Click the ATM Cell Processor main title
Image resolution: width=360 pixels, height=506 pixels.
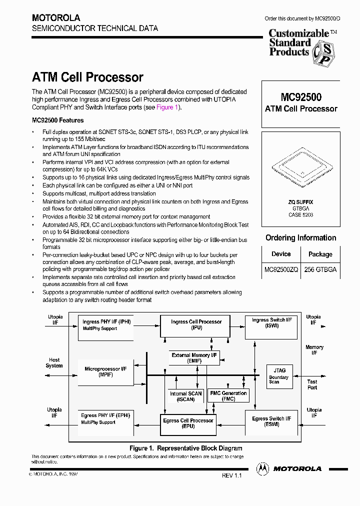pos(87,77)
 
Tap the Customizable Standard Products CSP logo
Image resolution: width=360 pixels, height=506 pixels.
pos(303,46)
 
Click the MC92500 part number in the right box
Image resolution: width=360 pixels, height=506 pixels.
pos(300,97)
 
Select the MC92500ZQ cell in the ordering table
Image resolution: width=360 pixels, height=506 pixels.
pos(281,269)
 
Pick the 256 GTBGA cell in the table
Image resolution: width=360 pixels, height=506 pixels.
pos(320,269)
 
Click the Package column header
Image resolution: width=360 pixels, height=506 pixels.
pos(320,254)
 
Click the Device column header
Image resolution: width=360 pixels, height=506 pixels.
pos(281,254)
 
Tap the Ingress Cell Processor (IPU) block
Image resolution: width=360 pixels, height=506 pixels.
pos(196,325)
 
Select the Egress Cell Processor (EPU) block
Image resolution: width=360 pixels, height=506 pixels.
pos(188,423)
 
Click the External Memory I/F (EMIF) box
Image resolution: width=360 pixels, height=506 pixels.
pos(194,357)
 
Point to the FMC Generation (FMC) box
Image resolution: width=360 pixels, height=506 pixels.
pos(228,396)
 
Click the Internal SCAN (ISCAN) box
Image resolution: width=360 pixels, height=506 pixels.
pos(185,396)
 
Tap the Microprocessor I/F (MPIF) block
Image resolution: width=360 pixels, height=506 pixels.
pos(105,371)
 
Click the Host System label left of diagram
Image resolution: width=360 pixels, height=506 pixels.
pos(54,362)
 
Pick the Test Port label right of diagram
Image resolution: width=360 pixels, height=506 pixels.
pos(312,384)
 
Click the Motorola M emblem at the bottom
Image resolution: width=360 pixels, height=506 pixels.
pos(262,468)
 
